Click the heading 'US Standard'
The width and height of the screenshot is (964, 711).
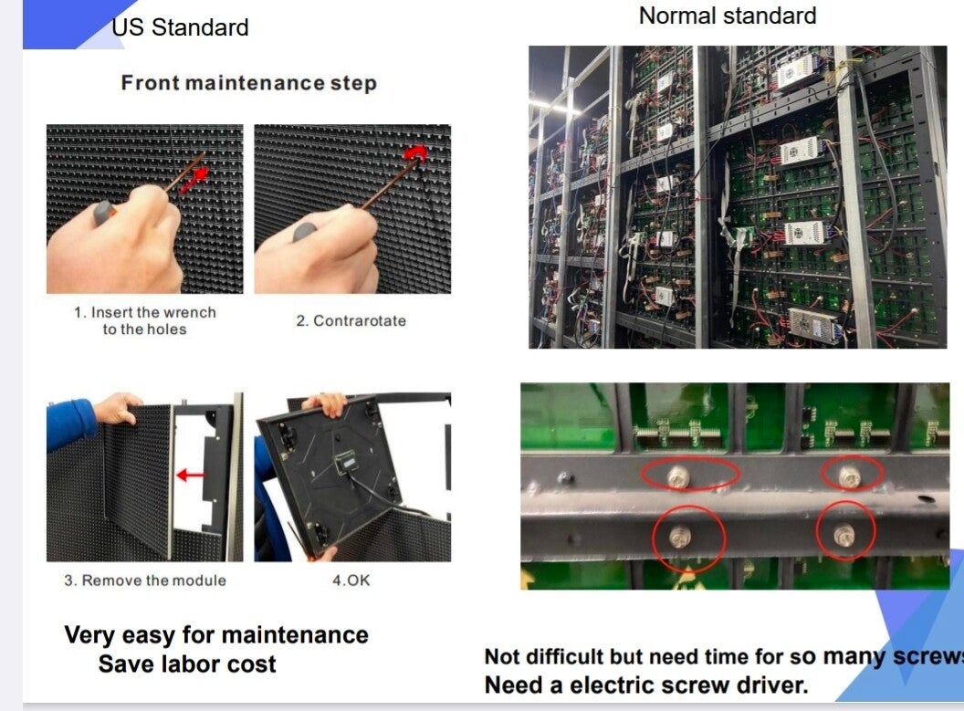[180, 27]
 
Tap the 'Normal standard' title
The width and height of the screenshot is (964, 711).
[728, 16]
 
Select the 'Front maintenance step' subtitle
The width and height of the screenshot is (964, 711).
[248, 83]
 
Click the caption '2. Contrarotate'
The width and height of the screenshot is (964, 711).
[351, 320]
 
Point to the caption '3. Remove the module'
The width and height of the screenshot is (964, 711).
[145, 580]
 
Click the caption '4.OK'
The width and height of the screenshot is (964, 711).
[351, 580]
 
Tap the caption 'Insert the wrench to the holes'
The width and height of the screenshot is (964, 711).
[145, 320]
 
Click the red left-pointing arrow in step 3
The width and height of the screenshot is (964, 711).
[190, 475]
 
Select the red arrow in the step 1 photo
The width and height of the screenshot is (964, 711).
[194, 180]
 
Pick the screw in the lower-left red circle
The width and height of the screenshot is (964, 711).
[681, 537]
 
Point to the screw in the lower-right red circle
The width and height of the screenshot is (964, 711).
[843, 534]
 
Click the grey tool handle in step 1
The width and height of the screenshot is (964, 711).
[103, 213]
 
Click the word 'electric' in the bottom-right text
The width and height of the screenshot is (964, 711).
[619, 685]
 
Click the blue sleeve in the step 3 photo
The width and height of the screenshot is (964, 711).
[70, 423]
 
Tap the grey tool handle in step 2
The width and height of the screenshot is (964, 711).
[305, 232]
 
